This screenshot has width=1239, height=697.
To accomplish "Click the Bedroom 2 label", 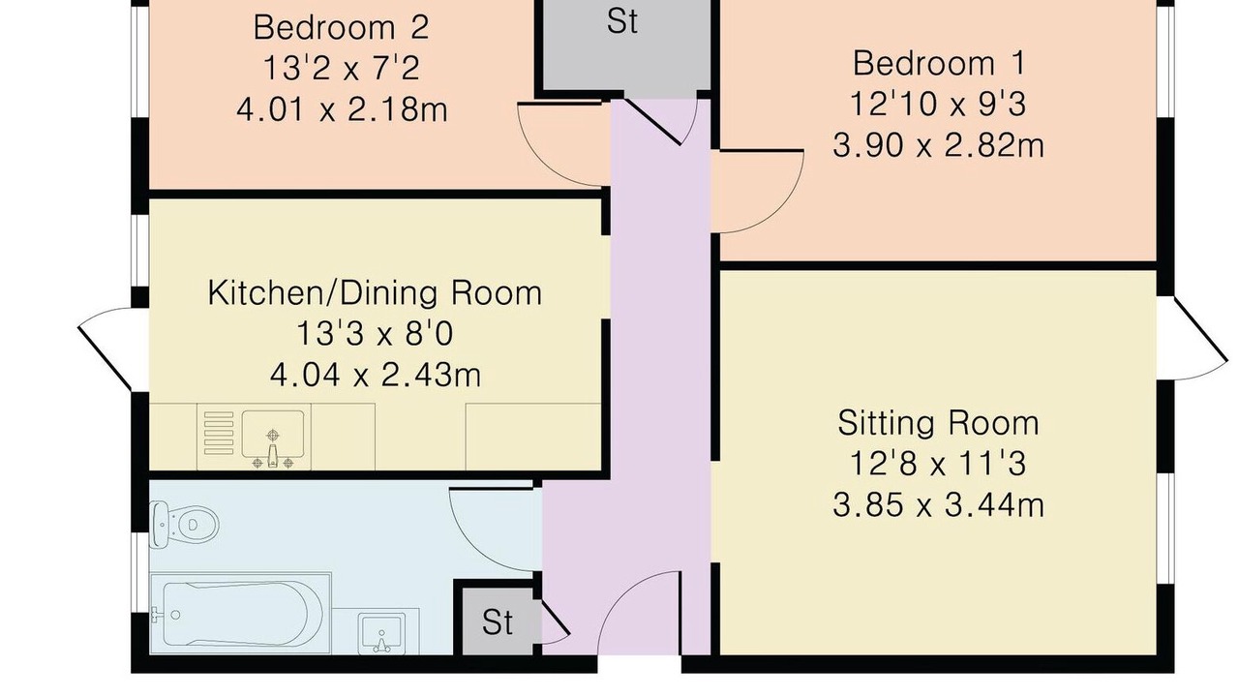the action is click(342, 27).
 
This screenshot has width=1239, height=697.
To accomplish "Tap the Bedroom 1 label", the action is click(939, 63).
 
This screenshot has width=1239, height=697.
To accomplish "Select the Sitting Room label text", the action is click(939, 423).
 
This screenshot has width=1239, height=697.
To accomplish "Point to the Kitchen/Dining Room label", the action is click(375, 293).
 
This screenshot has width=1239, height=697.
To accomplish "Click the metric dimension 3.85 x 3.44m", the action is click(939, 505).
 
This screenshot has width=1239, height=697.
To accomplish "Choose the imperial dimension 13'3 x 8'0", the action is click(375, 334).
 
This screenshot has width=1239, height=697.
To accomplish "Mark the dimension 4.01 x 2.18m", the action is click(342, 109).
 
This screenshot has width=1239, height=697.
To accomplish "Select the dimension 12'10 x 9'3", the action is click(939, 104).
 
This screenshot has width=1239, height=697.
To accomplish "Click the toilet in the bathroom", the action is click(184, 524).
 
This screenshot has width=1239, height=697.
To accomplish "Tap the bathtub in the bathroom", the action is click(240, 613).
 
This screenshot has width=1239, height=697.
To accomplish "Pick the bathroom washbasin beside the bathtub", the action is click(380, 633).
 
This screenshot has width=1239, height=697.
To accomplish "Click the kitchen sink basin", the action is click(273, 434).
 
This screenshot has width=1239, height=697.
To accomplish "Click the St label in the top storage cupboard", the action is click(622, 22).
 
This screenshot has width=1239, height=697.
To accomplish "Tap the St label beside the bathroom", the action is click(498, 622).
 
